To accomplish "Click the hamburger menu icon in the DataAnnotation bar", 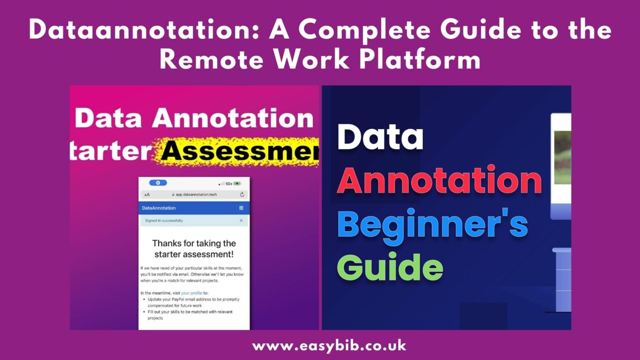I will pyautogui.click(x=241, y=208).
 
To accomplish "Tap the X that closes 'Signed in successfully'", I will pyautogui.click(x=241, y=220).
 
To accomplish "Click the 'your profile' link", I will pyautogui.click(x=192, y=293).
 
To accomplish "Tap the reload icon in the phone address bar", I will pyautogui.click(x=242, y=195).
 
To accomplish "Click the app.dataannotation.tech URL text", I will pyautogui.click(x=196, y=195).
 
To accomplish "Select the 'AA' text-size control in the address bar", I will pyautogui.click(x=147, y=195).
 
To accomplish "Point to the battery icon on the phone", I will pyautogui.click(x=237, y=183).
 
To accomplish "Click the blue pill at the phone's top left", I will pyautogui.click(x=158, y=183).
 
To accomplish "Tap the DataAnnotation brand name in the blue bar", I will pyautogui.click(x=159, y=208).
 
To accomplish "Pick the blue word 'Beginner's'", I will pyautogui.click(x=432, y=224).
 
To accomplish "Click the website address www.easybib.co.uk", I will pyautogui.click(x=329, y=346).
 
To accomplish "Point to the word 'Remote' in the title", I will pyautogui.click(x=212, y=60).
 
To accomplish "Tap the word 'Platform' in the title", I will pyautogui.click(x=420, y=60).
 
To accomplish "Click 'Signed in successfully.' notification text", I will pyautogui.click(x=164, y=220).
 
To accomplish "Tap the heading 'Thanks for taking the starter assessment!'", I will pyautogui.click(x=194, y=249).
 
